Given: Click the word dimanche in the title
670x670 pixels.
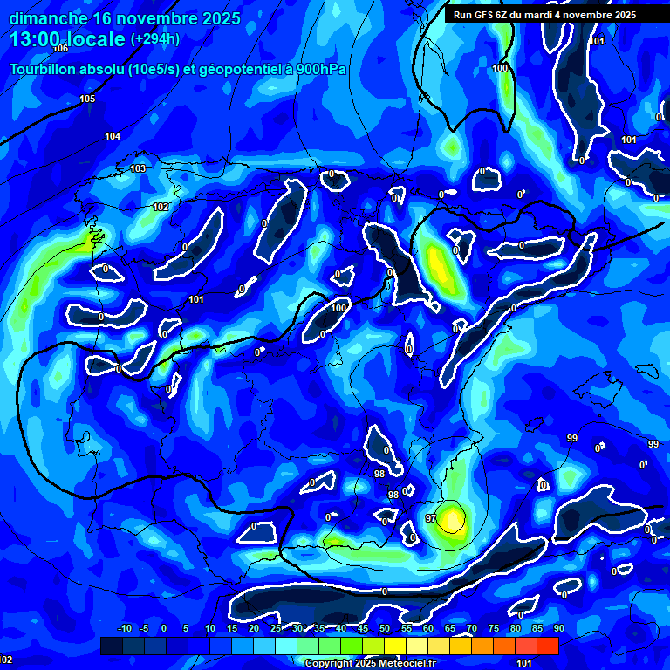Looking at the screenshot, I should click(x=46, y=17).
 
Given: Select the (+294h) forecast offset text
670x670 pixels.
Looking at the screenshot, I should click(x=154, y=39).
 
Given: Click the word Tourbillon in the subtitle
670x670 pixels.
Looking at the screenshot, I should click(x=43, y=70).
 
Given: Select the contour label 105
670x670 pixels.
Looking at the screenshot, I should click(x=87, y=99).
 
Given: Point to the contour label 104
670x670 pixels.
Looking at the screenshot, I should click(x=113, y=137).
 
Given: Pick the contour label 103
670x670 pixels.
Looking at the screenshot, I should click(x=138, y=168).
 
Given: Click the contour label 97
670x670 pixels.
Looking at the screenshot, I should click(x=431, y=518).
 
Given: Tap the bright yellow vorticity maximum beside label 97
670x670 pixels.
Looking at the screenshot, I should click(x=452, y=518).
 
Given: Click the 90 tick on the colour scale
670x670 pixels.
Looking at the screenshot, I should click(x=558, y=628).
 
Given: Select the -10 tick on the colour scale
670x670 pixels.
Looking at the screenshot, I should click(x=124, y=628).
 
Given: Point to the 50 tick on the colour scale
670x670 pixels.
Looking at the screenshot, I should click(x=384, y=628).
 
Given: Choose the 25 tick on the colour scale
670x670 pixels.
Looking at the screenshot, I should click(x=276, y=628).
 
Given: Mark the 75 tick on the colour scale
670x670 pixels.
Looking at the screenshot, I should click(x=493, y=628).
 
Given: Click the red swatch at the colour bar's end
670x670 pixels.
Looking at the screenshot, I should click(x=547, y=646).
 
